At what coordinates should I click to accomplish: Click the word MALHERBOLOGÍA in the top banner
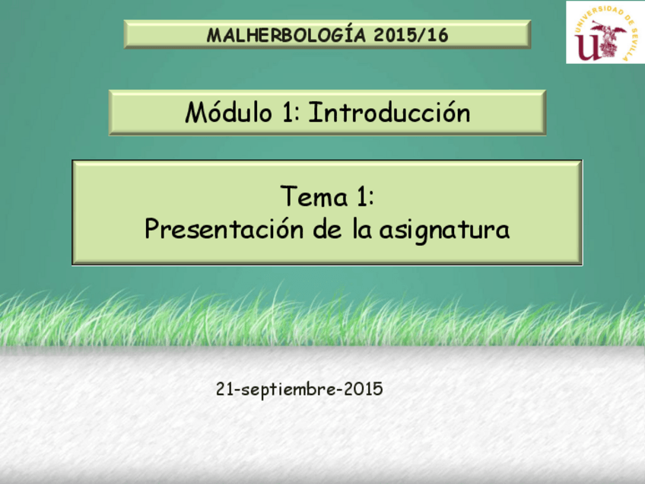[287, 35]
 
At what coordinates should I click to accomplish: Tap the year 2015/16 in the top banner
[411, 35]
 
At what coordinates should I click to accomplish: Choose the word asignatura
[444, 229]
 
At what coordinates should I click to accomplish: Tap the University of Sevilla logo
[605, 32]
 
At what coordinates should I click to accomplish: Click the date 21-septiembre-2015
[300, 390]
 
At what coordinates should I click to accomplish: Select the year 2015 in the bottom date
[363, 390]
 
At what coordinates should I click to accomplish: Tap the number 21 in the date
[224, 390]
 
